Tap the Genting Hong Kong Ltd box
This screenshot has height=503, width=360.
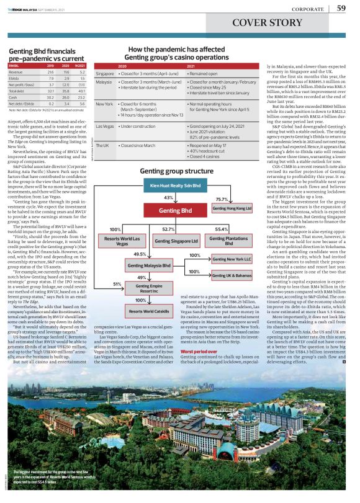(232, 208)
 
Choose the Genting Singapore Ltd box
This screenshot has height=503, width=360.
(176, 240)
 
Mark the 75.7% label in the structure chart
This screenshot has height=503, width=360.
(222, 198)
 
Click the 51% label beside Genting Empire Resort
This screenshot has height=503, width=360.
(117, 283)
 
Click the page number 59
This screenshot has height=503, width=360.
(341, 8)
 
